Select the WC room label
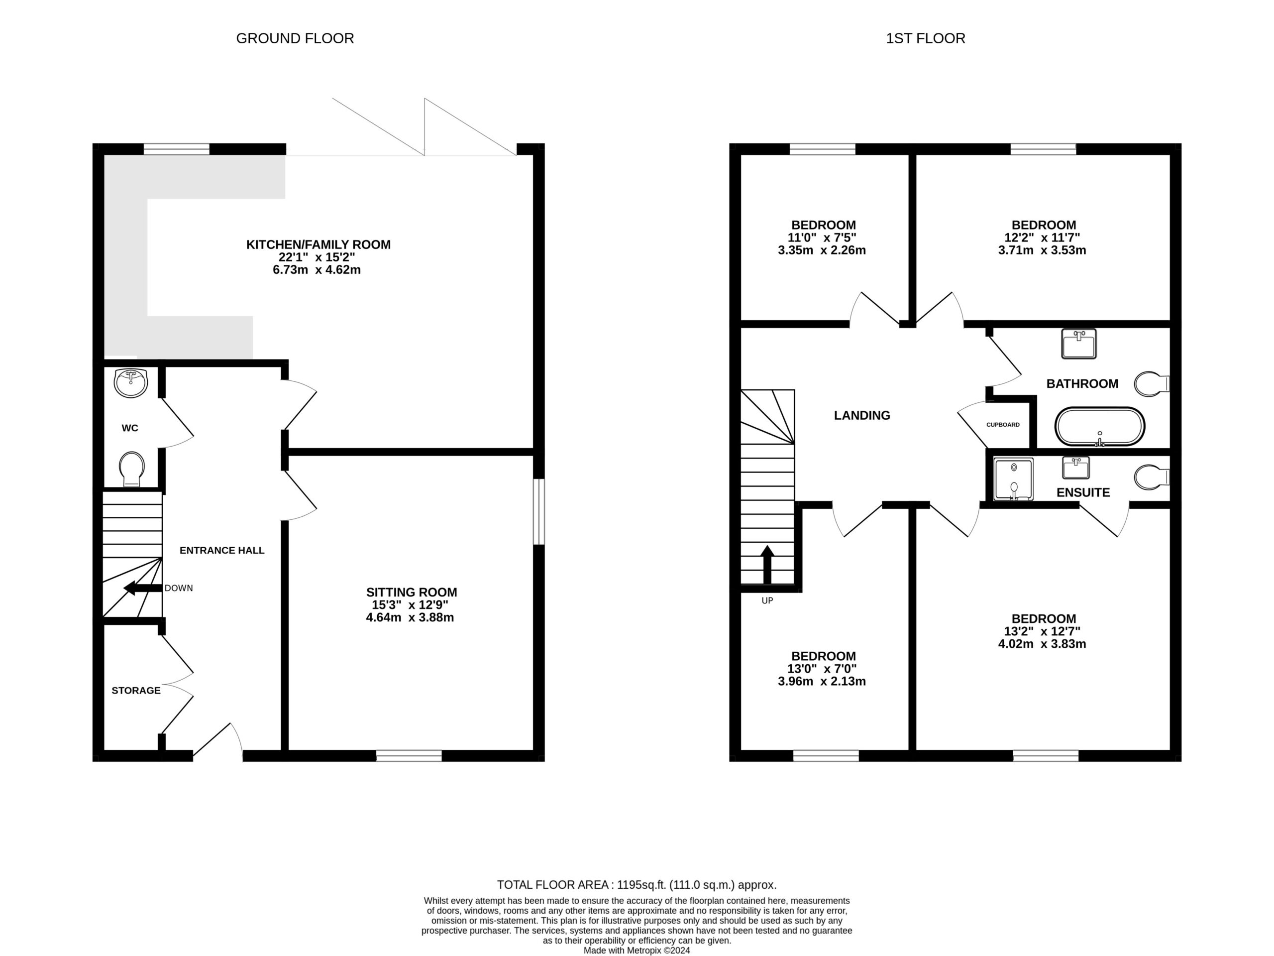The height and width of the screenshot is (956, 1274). click(x=130, y=428)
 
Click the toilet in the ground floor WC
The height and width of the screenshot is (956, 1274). click(x=132, y=469)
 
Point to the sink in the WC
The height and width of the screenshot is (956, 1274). click(x=131, y=383)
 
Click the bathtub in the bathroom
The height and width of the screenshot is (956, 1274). click(x=1099, y=426)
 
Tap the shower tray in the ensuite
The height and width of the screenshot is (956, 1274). click(x=1014, y=479)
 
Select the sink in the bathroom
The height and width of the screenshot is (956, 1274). click(x=1079, y=344)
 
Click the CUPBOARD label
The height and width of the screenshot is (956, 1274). click(x=1003, y=425)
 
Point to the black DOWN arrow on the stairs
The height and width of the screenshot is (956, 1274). click(x=143, y=588)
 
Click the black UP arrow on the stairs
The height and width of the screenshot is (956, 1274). click(x=767, y=564)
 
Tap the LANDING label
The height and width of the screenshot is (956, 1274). click(x=862, y=415)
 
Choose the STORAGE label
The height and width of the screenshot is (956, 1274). click(x=136, y=690)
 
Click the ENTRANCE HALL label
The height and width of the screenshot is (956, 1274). click(x=222, y=550)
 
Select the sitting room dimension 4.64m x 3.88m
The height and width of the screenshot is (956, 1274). click(x=410, y=618)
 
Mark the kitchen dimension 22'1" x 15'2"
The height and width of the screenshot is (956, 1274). click(x=318, y=257)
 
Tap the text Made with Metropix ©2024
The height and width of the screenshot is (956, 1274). click(x=637, y=950)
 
